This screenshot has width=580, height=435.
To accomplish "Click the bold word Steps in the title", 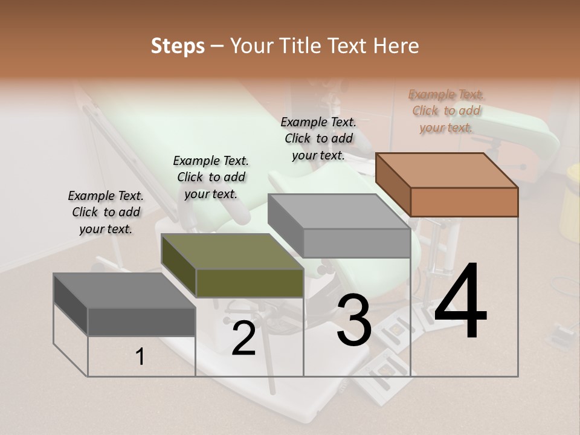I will pyautogui.click(x=178, y=46).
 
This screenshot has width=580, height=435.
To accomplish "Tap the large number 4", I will pyautogui.click(x=460, y=301).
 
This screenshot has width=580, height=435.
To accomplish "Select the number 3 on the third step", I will pyautogui.click(x=354, y=321).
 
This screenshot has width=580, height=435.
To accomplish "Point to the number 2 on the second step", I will pyautogui.click(x=243, y=338).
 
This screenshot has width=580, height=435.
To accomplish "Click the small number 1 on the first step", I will pyautogui.click(x=140, y=357).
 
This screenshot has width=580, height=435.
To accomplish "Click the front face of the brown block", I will pyautogui.click(x=464, y=202).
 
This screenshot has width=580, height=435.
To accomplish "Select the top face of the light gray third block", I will pyautogui.click(x=339, y=211).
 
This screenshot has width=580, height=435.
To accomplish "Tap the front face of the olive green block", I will pyautogui.click(x=250, y=283).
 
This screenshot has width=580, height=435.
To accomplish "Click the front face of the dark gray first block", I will pyautogui.click(x=141, y=321).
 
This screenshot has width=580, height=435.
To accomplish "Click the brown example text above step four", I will pyautogui.click(x=446, y=111).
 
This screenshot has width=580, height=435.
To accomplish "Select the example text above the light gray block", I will pyautogui.click(x=318, y=138).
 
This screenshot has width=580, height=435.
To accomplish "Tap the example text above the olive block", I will pyautogui.click(x=211, y=178).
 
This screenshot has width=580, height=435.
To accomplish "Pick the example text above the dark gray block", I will pyautogui.click(x=106, y=212).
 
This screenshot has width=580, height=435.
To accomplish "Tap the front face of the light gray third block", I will pyautogui.click(x=356, y=243).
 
